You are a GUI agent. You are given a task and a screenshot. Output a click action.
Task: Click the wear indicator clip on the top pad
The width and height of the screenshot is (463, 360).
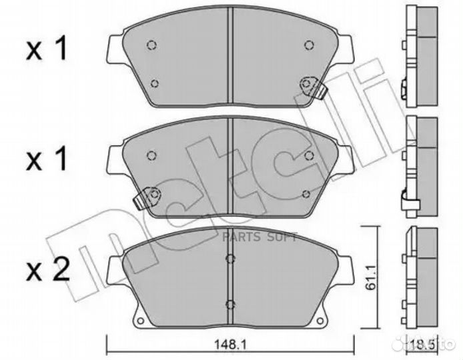311,87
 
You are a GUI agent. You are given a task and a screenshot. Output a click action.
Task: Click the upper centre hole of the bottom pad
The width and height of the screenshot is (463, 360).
230,259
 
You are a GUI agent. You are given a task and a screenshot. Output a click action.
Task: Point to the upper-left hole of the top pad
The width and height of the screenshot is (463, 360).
151,45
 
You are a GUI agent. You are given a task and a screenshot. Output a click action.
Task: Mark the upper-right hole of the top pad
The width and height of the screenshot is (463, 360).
308,45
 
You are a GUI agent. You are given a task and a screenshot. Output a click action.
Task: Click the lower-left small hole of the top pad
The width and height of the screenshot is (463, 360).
155,83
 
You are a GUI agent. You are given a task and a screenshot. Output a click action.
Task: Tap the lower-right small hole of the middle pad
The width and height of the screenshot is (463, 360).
306,193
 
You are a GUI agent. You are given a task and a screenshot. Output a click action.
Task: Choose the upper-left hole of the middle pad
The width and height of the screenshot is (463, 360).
151,156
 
